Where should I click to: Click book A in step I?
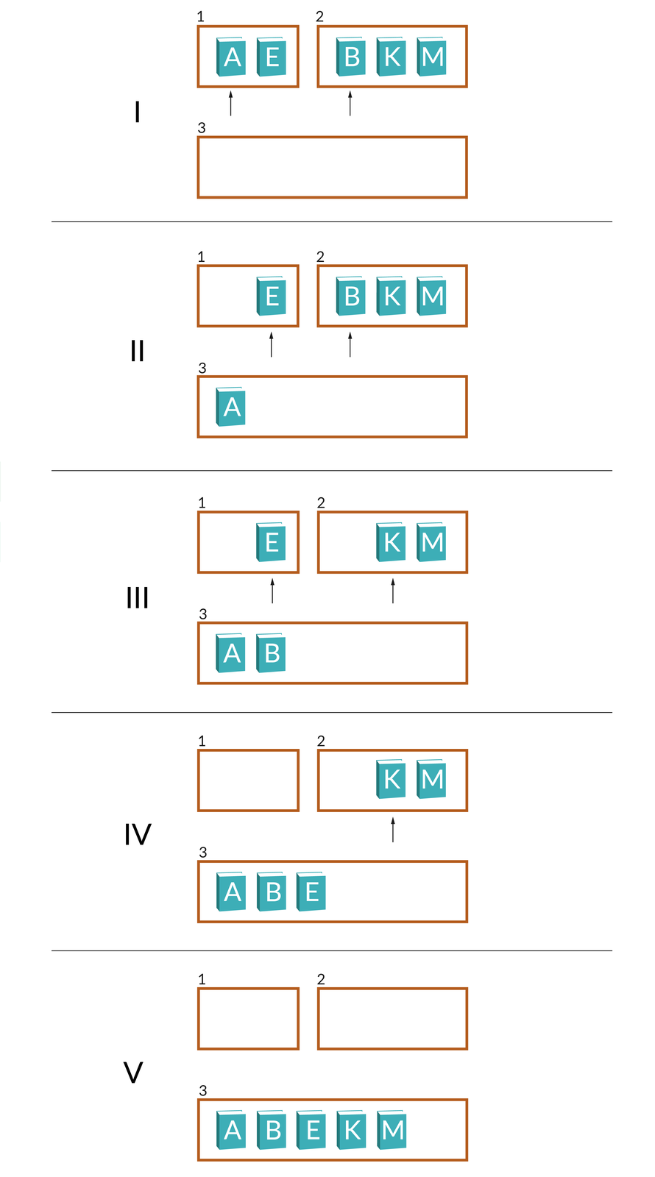[x=231, y=57]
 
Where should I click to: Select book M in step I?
[x=432, y=57]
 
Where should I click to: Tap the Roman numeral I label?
[x=137, y=113]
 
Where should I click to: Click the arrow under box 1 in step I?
[x=231, y=103]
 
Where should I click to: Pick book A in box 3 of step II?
[x=231, y=407]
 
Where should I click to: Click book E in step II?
[x=272, y=296]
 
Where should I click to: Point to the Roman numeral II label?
[x=137, y=352]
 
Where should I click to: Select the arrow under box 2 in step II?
[x=350, y=344]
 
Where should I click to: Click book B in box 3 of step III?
[x=272, y=653]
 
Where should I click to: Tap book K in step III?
[x=392, y=542]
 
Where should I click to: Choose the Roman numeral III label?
[x=138, y=598]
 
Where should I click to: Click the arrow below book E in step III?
[x=272, y=591]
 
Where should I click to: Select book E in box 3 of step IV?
[x=311, y=892]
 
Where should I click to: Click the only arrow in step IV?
[x=393, y=829]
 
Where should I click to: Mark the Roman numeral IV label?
[x=138, y=835]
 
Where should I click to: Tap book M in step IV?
[x=432, y=779]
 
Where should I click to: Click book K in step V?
[x=352, y=1130]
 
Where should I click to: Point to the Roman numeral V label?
[x=133, y=1073]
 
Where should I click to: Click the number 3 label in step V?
[x=203, y=1090]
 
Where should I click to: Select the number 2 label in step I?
[x=319, y=16]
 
